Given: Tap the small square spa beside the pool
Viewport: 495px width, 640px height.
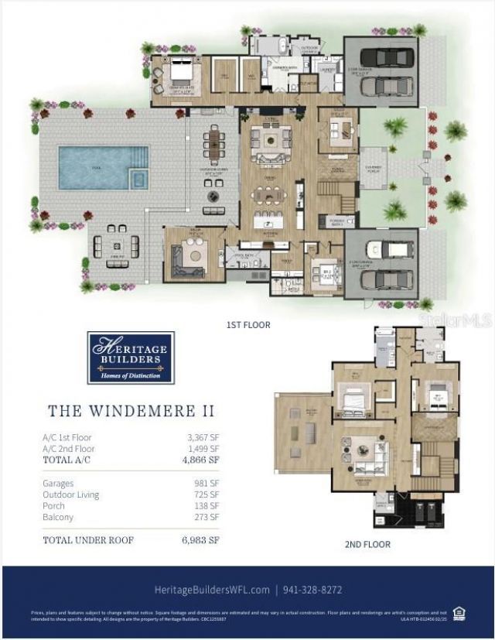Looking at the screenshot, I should coord(138,180).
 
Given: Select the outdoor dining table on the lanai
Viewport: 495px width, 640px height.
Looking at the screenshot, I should coord(214,144).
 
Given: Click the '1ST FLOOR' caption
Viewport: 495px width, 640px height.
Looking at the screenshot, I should coord(248,325).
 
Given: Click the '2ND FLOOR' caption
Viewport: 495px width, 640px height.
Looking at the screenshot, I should coord(367,545).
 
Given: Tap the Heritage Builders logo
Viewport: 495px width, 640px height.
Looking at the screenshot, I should coord(131,358).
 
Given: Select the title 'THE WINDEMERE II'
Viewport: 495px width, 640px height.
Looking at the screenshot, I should coord(131,411).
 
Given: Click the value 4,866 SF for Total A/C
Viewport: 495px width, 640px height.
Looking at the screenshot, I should coord(203,460).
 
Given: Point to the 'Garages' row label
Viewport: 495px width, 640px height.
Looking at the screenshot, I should coord(59,483).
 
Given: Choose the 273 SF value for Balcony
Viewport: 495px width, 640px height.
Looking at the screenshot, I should coord(207,517).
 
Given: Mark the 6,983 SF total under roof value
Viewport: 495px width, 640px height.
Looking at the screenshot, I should coord(203,539).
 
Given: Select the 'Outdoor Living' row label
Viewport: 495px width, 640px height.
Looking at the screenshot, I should coord(71,495).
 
